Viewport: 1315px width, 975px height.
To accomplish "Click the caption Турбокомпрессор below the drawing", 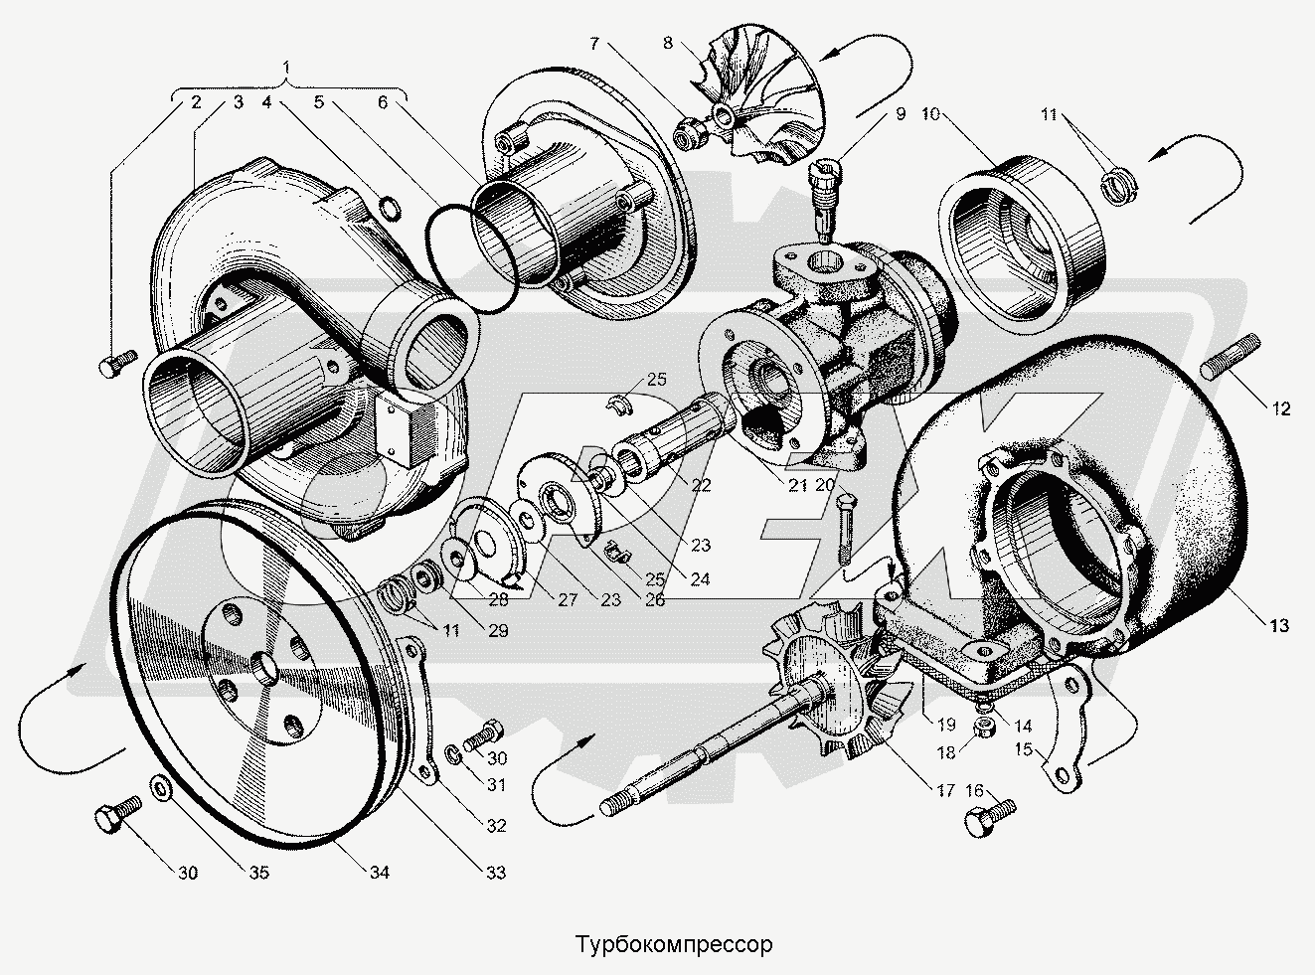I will [x=671, y=943].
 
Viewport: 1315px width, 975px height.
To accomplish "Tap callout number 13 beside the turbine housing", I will [x=1278, y=625].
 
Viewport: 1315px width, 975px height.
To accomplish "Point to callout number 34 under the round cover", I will [x=379, y=873].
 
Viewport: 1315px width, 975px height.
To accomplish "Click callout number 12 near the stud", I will [x=1280, y=408].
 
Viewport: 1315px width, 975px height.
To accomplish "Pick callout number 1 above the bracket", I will [x=288, y=68].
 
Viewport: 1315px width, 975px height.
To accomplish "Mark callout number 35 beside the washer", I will [x=258, y=873].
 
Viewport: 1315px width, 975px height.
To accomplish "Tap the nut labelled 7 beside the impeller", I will [x=689, y=132].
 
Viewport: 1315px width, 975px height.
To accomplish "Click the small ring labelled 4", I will [x=391, y=209].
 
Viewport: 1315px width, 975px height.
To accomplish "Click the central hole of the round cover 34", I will [x=264, y=664].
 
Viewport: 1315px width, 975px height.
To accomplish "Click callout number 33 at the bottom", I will [x=495, y=873].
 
